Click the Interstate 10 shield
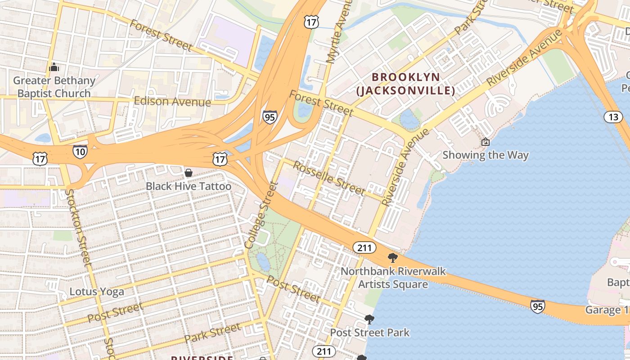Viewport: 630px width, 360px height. coord(80,152)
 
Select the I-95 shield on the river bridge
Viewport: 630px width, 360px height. coord(537,306)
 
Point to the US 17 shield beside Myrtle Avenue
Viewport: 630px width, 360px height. coord(311,21)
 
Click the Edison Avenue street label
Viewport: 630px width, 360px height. coord(172,101)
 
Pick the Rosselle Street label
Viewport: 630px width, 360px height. coord(328,178)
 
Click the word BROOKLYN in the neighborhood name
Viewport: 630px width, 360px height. coord(406,77)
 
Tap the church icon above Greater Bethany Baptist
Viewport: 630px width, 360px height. coord(54,68)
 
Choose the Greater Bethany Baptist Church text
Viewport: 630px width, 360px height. coord(54,87)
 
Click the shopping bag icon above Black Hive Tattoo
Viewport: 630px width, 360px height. coord(189,173)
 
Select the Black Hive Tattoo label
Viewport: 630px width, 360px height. coord(189,186)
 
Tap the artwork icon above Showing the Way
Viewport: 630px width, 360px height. coord(485,142)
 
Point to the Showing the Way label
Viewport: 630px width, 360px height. coord(485,155)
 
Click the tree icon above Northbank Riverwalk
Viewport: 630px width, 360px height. coord(392,258)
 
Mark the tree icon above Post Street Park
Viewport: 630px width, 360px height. coord(369,319)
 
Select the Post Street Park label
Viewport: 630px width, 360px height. coord(369,333)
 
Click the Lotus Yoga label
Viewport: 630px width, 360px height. coord(97,292)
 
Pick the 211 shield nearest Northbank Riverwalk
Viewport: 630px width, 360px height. coord(364,247)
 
